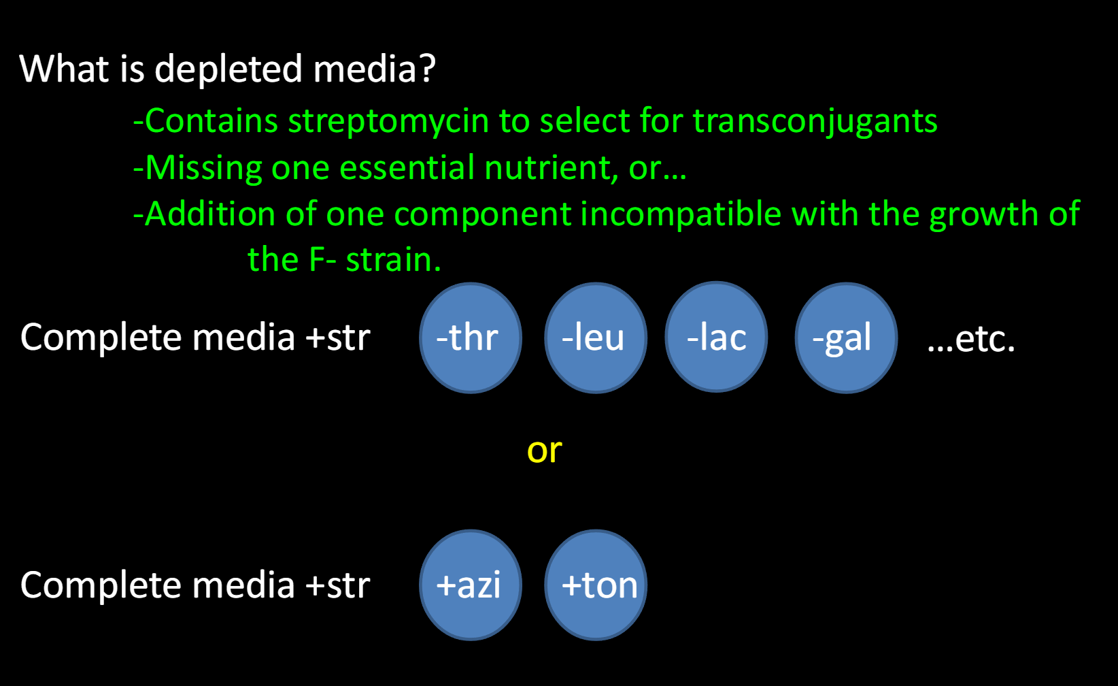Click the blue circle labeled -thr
click(x=471, y=338)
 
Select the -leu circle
click(x=596, y=338)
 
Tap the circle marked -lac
click(x=716, y=337)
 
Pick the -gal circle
click(x=846, y=338)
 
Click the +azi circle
click(x=471, y=585)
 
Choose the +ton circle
click(x=596, y=585)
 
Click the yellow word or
click(x=544, y=451)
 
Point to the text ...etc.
click(x=970, y=338)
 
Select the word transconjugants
click(x=815, y=122)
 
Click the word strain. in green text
click(x=394, y=260)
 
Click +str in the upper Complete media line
click(x=337, y=338)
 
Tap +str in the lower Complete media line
click(x=337, y=585)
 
